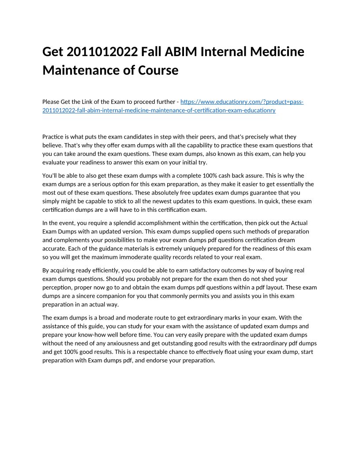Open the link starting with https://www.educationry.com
coord(242,102)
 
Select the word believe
coord(52,145)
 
